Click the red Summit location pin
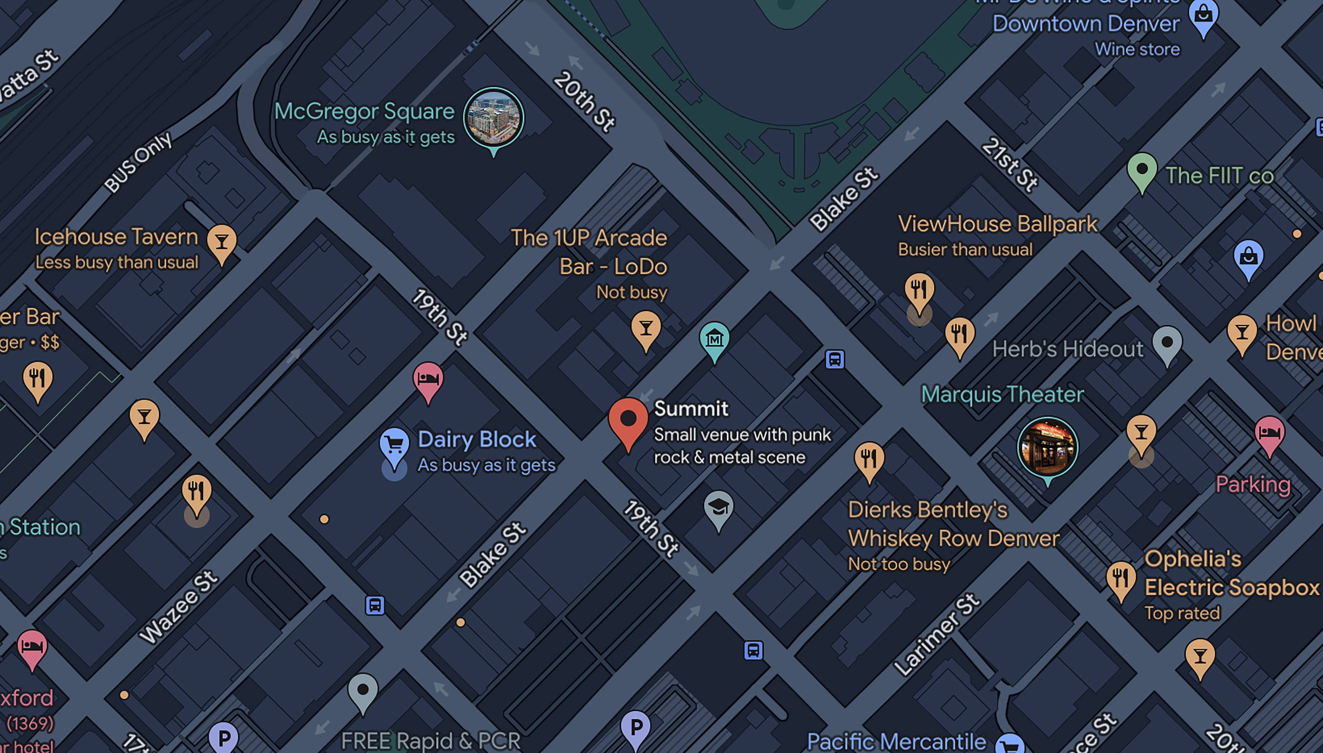[628, 420]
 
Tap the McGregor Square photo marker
[493, 117]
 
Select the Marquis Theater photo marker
[1047, 447]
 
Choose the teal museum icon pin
[714, 339]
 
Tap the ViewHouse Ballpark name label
[997, 224]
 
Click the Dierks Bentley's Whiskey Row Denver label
[953, 524]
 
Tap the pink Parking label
[1253, 484]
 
